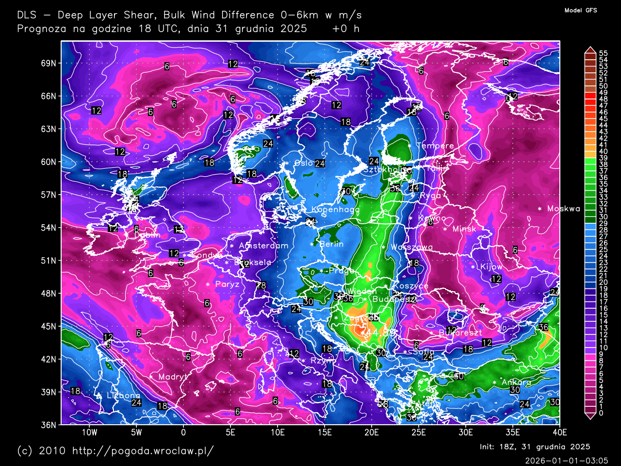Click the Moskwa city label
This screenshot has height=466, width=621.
[563, 209]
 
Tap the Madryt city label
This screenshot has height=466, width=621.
[173, 377]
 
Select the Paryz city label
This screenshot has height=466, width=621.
[227, 284]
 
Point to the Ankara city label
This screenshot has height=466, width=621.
[516, 382]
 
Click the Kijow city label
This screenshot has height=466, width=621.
[491, 266]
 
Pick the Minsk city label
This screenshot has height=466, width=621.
[464, 229]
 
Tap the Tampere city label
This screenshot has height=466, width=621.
[435, 146]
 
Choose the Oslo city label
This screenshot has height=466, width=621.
[304, 163]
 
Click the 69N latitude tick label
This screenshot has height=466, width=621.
[48, 63]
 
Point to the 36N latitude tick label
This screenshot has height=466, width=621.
[48, 425]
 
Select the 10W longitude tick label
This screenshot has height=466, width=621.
[89, 433]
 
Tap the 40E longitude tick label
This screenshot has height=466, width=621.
[559, 433]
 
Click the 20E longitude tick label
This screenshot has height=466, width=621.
[371, 433]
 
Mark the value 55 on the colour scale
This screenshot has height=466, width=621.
[603, 53]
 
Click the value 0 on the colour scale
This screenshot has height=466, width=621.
[601, 413]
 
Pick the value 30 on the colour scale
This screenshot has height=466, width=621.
[603, 217]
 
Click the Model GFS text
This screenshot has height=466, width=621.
[581, 10]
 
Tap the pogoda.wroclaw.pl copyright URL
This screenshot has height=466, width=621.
[143, 450]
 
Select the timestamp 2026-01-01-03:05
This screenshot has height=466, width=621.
[566, 460]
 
